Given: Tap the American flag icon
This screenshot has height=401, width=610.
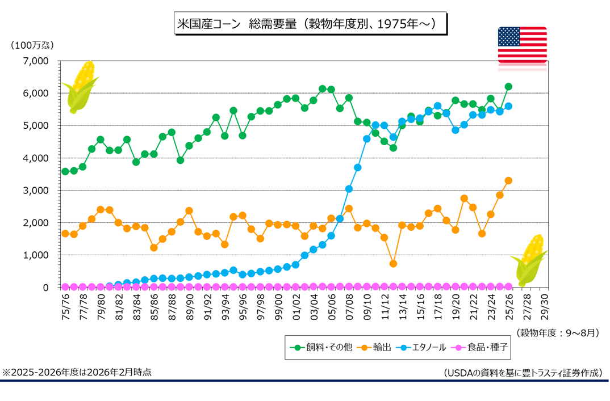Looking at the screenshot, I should point(522,44).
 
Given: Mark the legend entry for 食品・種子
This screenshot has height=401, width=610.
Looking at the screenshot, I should point(480,347).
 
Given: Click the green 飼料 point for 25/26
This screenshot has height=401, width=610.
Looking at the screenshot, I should point(508,86).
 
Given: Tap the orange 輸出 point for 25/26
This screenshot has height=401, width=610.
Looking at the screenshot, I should point(508,180).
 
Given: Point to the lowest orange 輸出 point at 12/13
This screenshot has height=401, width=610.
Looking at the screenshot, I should point(393,264).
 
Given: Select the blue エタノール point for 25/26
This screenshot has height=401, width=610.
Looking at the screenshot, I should point(508,106).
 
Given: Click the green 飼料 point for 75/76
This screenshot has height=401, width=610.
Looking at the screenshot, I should point(65,171).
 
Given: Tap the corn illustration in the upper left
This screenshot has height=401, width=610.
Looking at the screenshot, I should point(81,86).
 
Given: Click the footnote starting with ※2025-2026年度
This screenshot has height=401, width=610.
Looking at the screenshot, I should point(77,373).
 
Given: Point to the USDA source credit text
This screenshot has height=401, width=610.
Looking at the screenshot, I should point(523,373).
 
